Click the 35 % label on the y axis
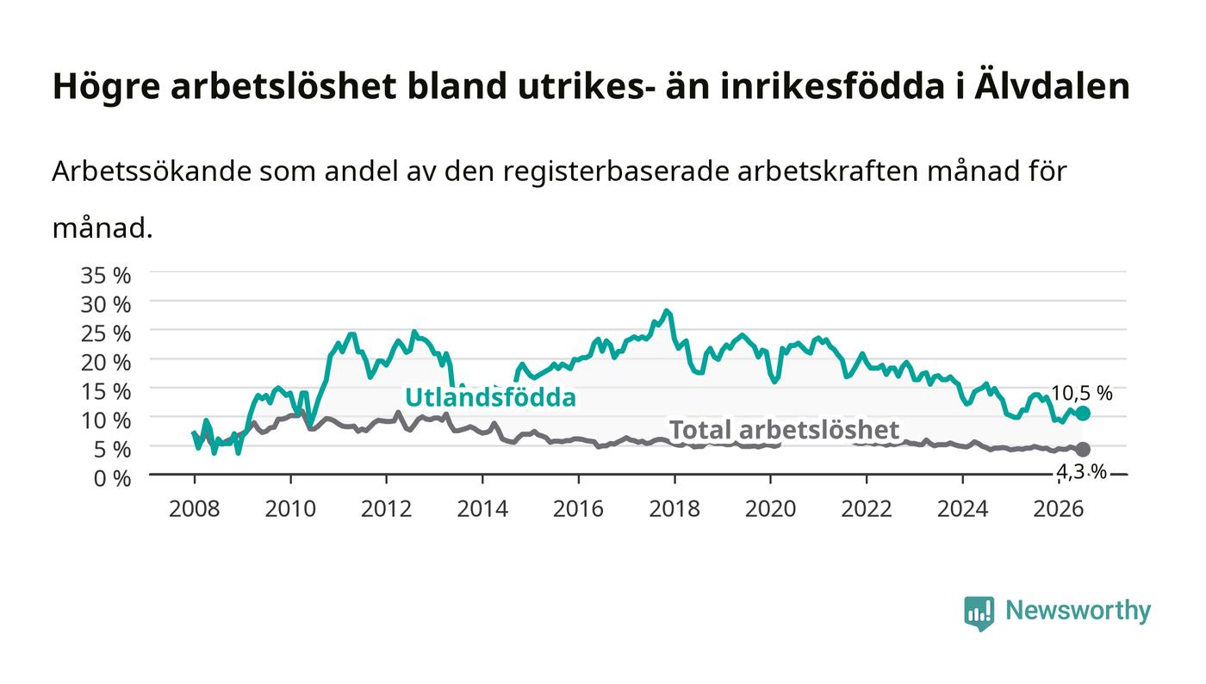coord(105,275)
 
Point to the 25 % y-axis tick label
coord(105,333)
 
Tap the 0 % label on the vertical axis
coord(112,478)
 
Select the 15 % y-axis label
coord(105,392)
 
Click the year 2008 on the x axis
coord(195,508)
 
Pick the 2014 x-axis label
coord(482,508)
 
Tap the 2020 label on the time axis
coord(770,508)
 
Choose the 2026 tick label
coord(1059,508)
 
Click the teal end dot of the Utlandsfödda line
coord(1084,414)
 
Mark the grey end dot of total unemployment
coord(1084,449)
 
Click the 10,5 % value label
coord(1082,393)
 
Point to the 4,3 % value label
coord(1081,472)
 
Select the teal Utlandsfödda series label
coord(490,397)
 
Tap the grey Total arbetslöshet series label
coord(784,430)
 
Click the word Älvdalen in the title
coord(1052,86)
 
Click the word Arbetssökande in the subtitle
coord(152,171)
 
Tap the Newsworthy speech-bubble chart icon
coord(979,613)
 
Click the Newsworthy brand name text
coord(1078,611)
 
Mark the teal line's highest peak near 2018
coord(667,310)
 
